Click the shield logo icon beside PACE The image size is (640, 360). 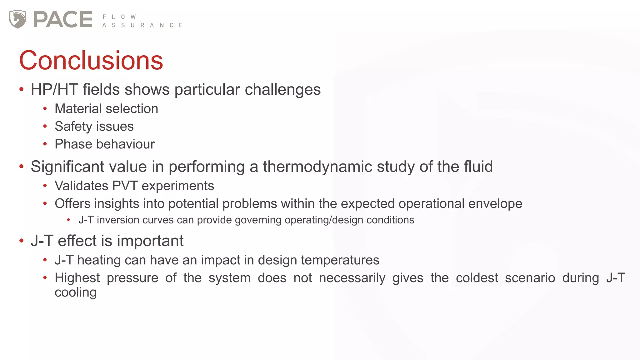pos(17,19)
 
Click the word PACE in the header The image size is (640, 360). pos(63,19)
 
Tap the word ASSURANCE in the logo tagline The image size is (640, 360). pos(142,25)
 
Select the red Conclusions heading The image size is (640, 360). pos(91,60)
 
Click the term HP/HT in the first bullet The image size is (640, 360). pos(54,90)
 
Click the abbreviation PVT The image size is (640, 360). pos(125,186)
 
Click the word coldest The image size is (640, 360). pos(477,278)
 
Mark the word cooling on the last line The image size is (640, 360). pos(75,292)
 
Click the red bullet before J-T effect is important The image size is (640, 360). pos(22,241)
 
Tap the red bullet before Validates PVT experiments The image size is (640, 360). pos(45,186)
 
